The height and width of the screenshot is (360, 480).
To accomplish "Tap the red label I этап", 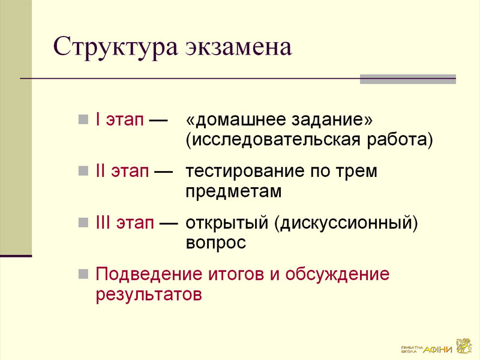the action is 119,119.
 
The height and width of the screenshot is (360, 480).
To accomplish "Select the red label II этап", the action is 122,171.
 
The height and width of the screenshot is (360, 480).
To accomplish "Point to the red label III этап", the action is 125,222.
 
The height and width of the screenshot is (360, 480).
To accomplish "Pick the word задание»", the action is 332,120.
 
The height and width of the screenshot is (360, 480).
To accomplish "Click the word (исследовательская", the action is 274,140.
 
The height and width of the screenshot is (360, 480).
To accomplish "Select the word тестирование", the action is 245,172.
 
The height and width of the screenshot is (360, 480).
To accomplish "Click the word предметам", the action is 233,192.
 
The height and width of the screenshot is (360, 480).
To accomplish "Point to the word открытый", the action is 227,223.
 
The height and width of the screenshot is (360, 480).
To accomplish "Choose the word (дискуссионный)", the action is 346,223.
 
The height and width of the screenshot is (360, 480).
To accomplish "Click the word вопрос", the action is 216,244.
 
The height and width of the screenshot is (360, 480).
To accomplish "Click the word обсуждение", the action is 337,274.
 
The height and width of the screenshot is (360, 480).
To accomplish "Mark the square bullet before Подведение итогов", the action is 83,274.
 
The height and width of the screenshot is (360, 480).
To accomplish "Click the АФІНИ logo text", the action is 438,349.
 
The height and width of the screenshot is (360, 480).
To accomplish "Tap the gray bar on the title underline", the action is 408,79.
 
